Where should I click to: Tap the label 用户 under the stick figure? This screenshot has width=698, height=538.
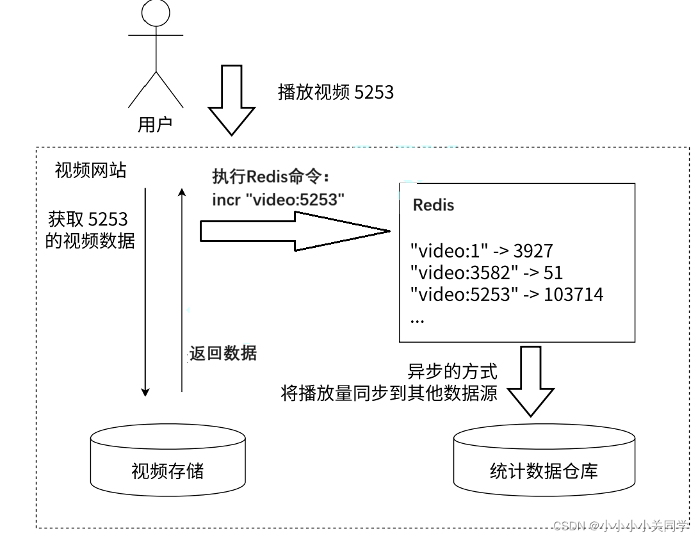[x=155, y=124]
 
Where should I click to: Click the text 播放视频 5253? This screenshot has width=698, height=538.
[x=336, y=92]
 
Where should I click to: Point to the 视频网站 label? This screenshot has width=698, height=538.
[x=90, y=170]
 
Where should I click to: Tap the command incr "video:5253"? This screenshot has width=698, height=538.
[x=279, y=199]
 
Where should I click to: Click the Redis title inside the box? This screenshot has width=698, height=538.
[x=434, y=205]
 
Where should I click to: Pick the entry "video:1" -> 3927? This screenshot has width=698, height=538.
[x=481, y=250]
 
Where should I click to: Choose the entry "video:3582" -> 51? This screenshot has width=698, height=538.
[x=486, y=272]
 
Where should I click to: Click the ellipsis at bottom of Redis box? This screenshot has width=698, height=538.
[x=417, y=318]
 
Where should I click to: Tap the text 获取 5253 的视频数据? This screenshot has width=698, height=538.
[x=90, y=231]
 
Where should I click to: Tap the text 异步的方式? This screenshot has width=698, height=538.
[x=452, y=371]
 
